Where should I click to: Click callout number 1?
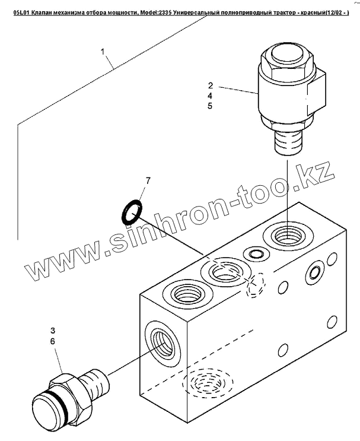[103, 52]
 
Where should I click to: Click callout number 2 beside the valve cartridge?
[210, 84]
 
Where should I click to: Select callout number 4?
[210, 95]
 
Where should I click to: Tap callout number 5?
[210, 106]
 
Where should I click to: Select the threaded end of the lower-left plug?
[93, 379]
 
